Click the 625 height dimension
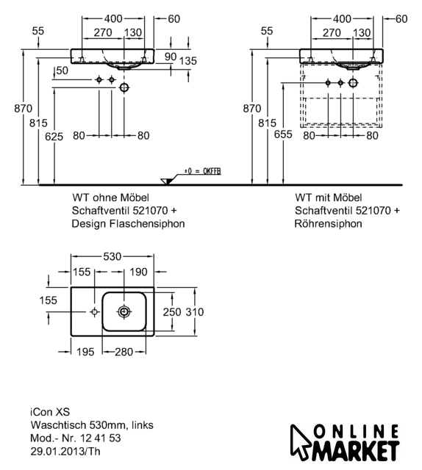click(54, 137)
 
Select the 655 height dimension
click(283, 134)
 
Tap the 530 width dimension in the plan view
click(112, 256)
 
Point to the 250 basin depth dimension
click(172, 312)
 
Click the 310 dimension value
click(195, 312)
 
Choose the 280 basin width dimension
click(124, 352)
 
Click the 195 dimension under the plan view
click(85, 352)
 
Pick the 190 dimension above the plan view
click(138, 272)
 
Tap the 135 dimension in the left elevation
click(188, 61)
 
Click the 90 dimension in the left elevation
click(171, 57)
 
